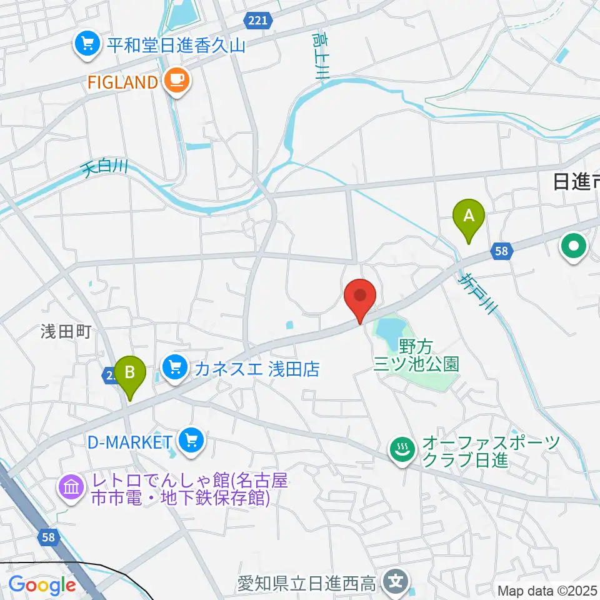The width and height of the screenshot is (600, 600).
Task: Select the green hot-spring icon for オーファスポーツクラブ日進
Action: [x=400, y=449]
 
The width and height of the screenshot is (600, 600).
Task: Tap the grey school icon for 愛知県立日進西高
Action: [x=395, y=582]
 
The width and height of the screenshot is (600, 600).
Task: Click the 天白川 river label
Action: [x=105, y=169]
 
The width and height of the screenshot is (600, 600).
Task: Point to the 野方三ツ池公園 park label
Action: [x=416, y=354]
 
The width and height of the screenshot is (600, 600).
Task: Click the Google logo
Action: [x=42, y=585]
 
